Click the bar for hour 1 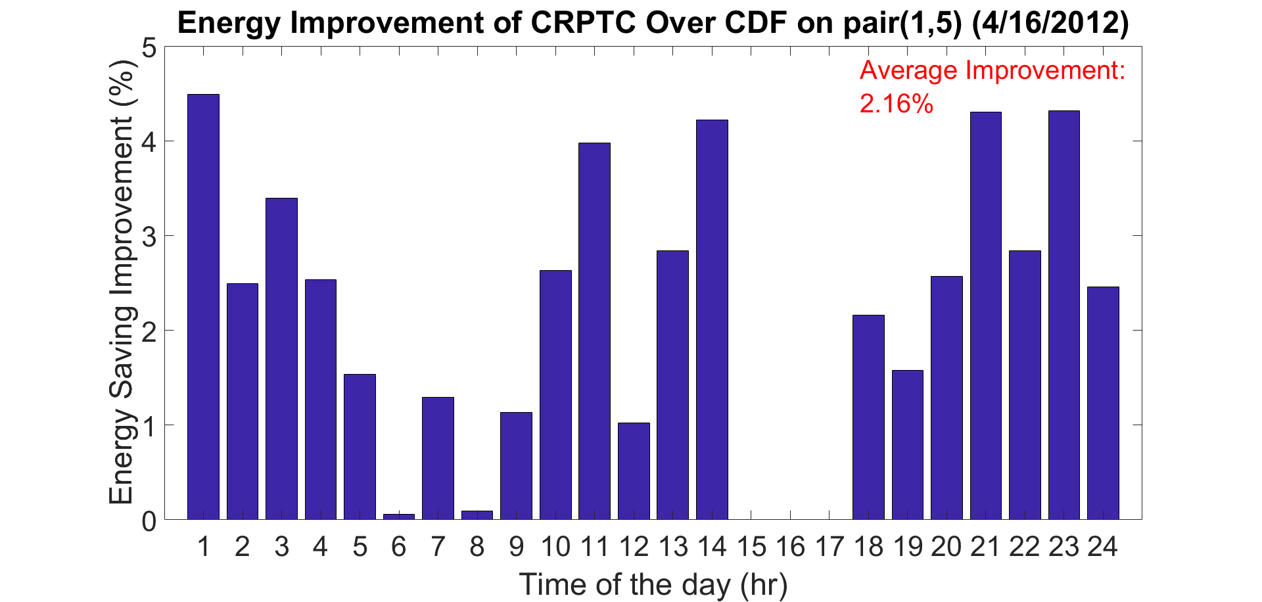tap(203, 307)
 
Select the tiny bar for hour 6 tap(399, 517)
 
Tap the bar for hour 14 tap(712, 319)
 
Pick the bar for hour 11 tap(594, 331)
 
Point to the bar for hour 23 tap(1064, 315)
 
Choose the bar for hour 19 tap(908, 445)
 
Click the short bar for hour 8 tap(477, 515)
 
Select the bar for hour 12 tap(634, 471)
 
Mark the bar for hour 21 tap(986, 315)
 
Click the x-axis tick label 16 tap(790, 547)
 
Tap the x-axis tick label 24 tap(1103, 547)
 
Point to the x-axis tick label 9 tap(517, 547)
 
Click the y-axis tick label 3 tap(149, 236)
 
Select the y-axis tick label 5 tap(149, 47)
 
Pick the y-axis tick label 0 tap(149, 521)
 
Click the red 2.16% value tap(897, 104)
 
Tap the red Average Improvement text tap(993, 70)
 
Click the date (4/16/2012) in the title tap(1050, 24)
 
